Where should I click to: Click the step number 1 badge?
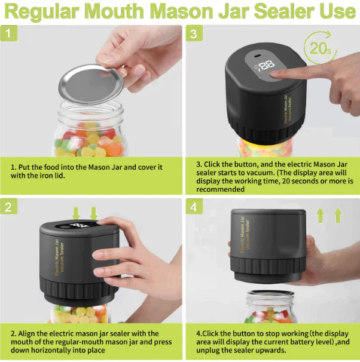pos(9,33)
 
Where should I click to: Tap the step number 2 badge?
pos(9,207)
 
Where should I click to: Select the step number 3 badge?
pos(194,33)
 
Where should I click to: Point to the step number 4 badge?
pos(194,207)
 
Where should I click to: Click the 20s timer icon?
pos(320,48)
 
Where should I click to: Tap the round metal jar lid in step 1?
pos(91,84)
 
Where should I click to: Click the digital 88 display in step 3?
pos(266,65)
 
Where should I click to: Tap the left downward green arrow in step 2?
pos(76,213)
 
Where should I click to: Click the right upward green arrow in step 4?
pos(338,214)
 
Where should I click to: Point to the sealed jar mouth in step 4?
pos(271,293)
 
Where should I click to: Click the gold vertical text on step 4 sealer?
pos(245,235)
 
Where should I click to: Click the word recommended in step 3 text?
pos(220,189)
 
